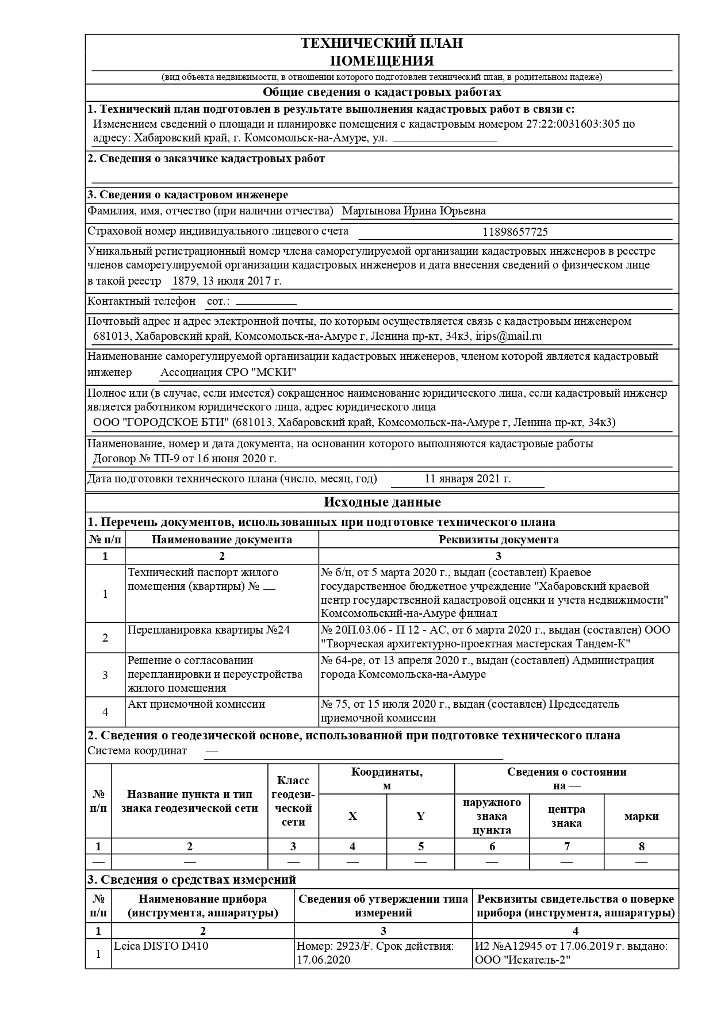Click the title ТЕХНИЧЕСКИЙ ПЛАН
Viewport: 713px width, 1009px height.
(x=382, y=43)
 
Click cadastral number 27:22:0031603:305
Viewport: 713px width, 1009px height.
(x=573, y=124)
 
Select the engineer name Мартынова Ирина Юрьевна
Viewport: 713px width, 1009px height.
(x=413, y=211)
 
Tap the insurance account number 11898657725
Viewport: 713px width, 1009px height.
(x=515, y=232)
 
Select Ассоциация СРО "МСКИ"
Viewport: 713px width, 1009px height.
(x=228, y=373)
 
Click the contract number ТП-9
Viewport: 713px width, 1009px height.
(x=167, y=459)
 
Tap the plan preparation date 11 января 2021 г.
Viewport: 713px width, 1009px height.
(x=467, y=479)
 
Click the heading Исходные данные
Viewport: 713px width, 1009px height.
(x=382, y=502)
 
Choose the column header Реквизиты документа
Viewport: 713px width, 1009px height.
(x=498, y=540)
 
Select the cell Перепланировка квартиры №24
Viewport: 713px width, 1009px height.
(x=208, y=630)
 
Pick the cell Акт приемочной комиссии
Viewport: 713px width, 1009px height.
(x=196, y=704)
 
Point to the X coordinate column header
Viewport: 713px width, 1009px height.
(x=352, y=816)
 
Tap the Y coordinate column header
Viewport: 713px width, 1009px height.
(x=420, y=816)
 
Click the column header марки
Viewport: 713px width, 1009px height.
(x=641, y=816)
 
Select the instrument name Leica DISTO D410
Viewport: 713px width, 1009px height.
(x=161, y=946)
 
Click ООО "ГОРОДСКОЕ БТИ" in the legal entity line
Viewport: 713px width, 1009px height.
(x=162, y=423)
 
